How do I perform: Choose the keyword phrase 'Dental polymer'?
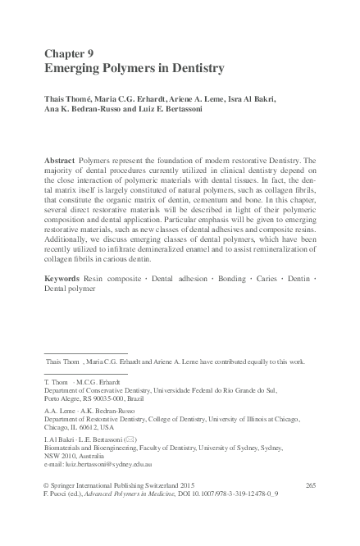pos(71,290)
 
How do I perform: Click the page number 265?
pos(310,487)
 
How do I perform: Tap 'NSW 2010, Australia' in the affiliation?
pos(79,455)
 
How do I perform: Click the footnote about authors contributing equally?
pos(175,360)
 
